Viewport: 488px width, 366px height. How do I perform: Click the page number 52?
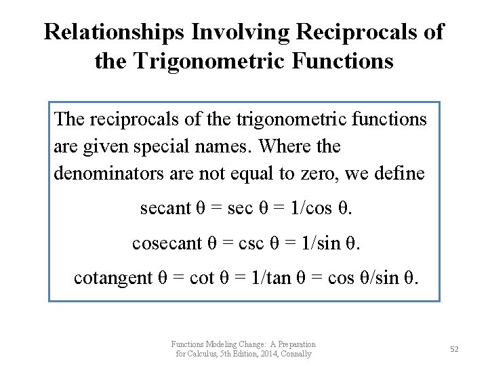[454, 348]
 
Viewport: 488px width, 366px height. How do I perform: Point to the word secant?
[165, 208]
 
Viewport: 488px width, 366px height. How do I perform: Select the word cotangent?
[113, 277]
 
